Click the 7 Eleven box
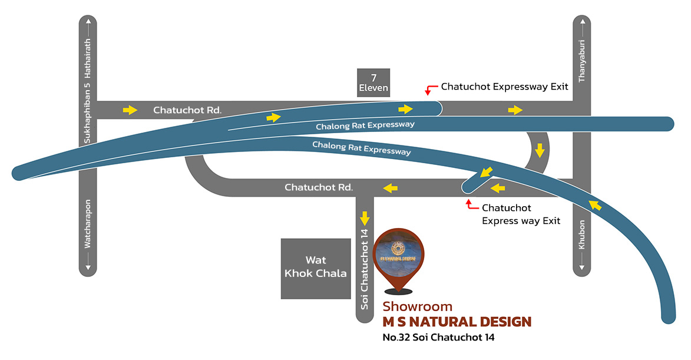pyautogui.click(x=373, y=82)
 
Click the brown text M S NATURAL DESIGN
pyautogui.click(x=457, y=322)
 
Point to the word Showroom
pyautogui.click(x=417, y=306)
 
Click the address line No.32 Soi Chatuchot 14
pyautogui.click(x=438, y=338)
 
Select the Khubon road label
pyautogui.click(x=581, y=235)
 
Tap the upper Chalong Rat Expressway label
pyautogui.click(x=365, y=125)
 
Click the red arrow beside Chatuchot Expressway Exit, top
pyautogui.click(x=429, y=90)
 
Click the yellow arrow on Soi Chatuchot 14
pyautogui.click(x=365, y=218)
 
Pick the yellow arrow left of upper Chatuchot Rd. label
pyautogui.click(x=130, y=110)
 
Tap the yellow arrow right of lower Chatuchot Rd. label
pyautogui.click(x=390, y=188)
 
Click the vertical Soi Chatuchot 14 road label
pyautogui.click(x=365, y=269)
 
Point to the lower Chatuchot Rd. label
pyautogui.click(x=319, y=188)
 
